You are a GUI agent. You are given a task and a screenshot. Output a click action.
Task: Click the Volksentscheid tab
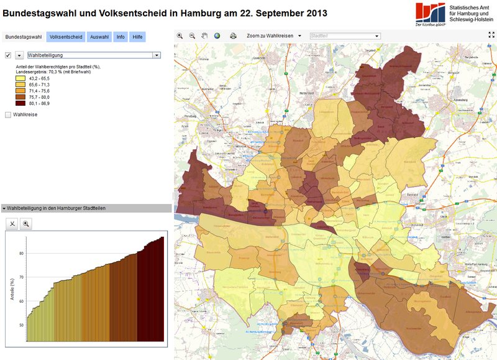pos(66,37)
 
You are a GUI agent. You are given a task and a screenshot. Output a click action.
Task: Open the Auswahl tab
pos(99,37)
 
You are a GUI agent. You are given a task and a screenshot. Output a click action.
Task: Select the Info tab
pos(121,37)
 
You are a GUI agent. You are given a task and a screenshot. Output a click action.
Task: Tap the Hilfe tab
pos(137,37)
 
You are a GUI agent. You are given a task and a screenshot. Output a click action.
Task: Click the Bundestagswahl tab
pos(23,37)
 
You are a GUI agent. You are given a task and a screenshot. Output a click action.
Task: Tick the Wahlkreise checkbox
pos(8,114)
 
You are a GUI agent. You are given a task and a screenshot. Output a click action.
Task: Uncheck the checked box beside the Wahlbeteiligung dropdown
pos(8,55)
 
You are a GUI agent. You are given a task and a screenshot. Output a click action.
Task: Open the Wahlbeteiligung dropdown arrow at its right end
pos(157,55)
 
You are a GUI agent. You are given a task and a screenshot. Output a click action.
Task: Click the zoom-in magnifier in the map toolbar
pos(180,36)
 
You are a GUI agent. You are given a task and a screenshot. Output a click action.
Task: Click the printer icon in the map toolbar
pos(233,36)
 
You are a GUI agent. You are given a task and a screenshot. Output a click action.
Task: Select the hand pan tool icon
pos(204,36)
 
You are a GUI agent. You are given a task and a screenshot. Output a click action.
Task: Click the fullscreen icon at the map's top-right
pos(491,36)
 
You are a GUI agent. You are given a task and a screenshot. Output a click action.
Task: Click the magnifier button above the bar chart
pos(26,223)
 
